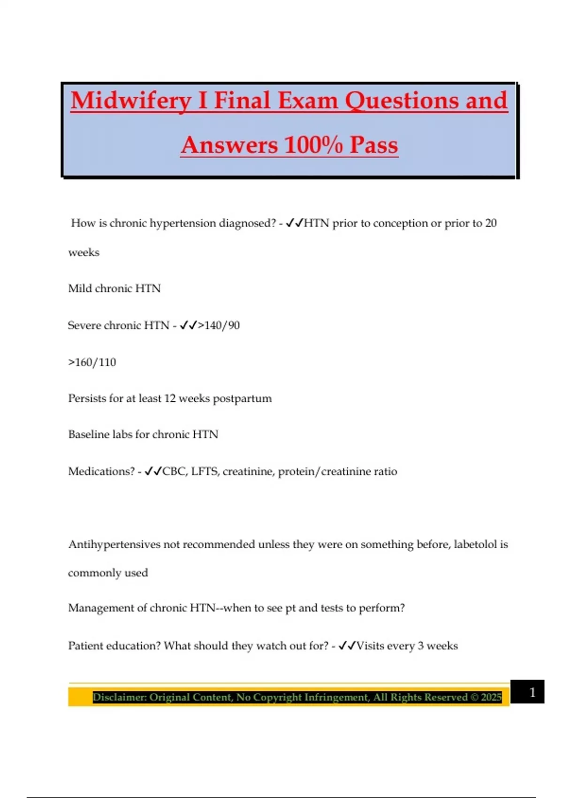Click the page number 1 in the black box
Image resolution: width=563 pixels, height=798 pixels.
pos(532,692)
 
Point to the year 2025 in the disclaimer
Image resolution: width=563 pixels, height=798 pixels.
pos(491,697)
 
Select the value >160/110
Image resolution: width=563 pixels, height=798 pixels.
pos(92,362)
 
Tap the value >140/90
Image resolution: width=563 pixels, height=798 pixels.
pos(219,325)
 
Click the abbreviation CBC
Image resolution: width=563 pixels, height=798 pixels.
pos(174,471)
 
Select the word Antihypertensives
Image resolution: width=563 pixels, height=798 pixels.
pos(114,545)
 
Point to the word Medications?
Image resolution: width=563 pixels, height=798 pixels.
pos(101,471)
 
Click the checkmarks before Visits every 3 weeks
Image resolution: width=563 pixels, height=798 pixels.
pos(347,646)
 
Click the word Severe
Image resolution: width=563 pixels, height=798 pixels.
pos(84,325)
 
